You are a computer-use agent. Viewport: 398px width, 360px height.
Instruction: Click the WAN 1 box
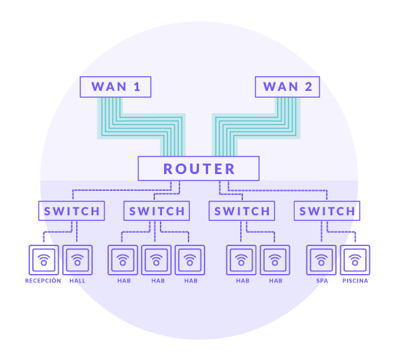pyautogui.click(x=115, y=87)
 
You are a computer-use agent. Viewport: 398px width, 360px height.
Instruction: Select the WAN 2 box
pyautogui.click(x=288, y=87)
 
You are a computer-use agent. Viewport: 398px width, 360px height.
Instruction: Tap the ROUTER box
pyautogui.click(x=198, y=168)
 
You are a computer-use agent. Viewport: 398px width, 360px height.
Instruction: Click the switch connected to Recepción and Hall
pyautogui.click(x=72, y=211)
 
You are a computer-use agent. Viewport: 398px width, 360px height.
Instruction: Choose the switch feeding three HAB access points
pyautogui.click(x=156, y=211)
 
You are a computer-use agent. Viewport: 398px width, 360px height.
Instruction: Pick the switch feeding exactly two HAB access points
pyautogui.click(x=242, y=211)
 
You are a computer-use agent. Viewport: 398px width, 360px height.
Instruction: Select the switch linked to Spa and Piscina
pyautogui.click(x=327, y=211)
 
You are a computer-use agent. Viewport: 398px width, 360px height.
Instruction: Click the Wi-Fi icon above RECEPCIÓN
pyautogui.click(x=44, y=260)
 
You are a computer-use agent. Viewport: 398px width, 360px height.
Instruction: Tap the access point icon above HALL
pyautogui.click(x=78, y=260)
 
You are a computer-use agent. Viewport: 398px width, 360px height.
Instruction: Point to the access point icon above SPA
pyautogui.click(x=321, y=260)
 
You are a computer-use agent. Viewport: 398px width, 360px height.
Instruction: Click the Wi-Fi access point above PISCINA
pyautogui.click(x=355, y=260)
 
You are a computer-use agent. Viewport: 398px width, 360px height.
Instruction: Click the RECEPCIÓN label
pyautogui.click(x=43, y=280)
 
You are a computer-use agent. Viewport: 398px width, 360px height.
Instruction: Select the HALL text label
pyautogui.click(x=78, y=281)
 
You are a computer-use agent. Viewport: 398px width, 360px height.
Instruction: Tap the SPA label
pyautogui.click(x=322, y=281)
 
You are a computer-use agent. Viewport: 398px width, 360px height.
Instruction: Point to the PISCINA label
pyautogui.click(x=355, y=281)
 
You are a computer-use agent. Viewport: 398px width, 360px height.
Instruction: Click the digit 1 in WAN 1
pyautogui.click(x=137, y=87)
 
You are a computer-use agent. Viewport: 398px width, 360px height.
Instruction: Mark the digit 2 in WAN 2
pyautogui.click(x=309, y=87)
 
